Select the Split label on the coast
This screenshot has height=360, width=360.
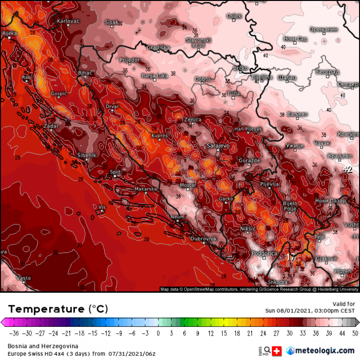(115, 171)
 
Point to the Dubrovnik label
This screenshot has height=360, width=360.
(204, 238)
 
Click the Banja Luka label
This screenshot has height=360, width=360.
(155, 75)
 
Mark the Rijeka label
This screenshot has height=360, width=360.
(10, 33)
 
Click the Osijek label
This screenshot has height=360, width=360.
(234, 16)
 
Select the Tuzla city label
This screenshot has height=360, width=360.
(234, 93)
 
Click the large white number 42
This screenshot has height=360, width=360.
(348, 169)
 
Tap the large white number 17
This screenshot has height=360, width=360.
(290, 257)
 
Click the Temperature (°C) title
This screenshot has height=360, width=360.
(58, 308)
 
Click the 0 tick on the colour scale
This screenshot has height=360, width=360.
(158, 332)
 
